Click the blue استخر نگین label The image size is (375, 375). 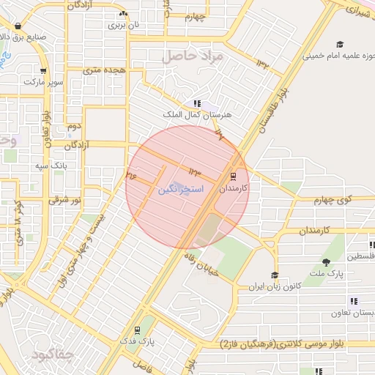coord(176,189)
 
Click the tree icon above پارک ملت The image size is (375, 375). coord(326,262)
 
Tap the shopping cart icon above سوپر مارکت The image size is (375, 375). coord(43,71)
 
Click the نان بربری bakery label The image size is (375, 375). coord(123,24)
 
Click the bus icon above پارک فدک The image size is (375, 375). coord(137,330)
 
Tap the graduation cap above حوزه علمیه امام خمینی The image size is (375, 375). coord(338,44)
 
